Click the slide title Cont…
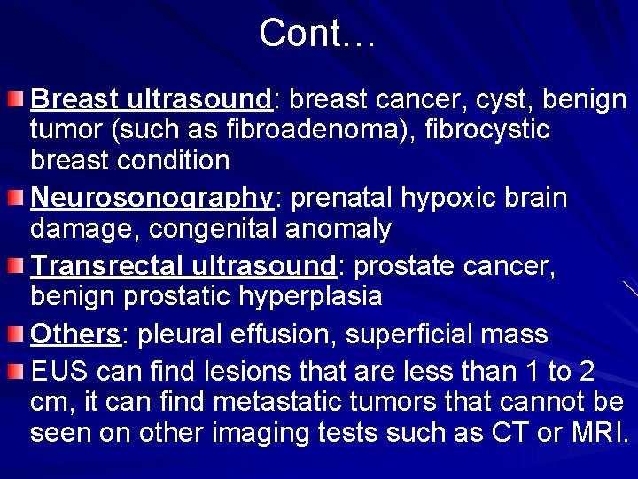click(318, 34)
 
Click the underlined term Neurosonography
click(152, 197)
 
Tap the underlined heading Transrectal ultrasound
click(183, 264)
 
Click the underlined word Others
click(75, 334)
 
